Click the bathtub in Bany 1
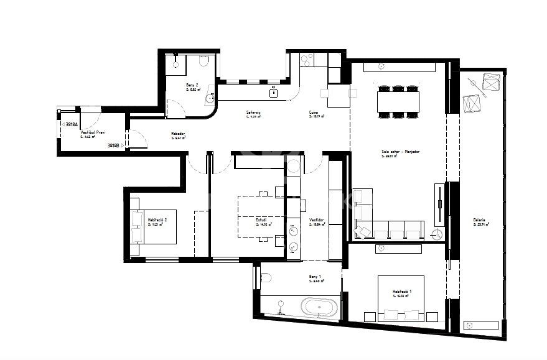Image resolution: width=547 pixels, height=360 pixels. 319,307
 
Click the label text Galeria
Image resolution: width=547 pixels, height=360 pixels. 478,220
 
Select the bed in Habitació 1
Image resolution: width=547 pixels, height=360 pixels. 401,297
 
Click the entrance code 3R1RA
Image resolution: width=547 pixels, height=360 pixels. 72,124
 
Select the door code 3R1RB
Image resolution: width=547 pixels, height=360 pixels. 113,145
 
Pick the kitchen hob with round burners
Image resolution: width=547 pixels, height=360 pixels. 307,60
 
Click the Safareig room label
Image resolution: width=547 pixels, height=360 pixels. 253,113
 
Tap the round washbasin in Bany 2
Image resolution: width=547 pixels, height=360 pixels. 211,97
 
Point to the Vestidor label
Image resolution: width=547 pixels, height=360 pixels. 316,219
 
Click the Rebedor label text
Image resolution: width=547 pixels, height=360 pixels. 178,134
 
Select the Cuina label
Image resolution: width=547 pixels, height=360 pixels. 314,113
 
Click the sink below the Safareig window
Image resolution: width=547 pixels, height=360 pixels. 274,93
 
